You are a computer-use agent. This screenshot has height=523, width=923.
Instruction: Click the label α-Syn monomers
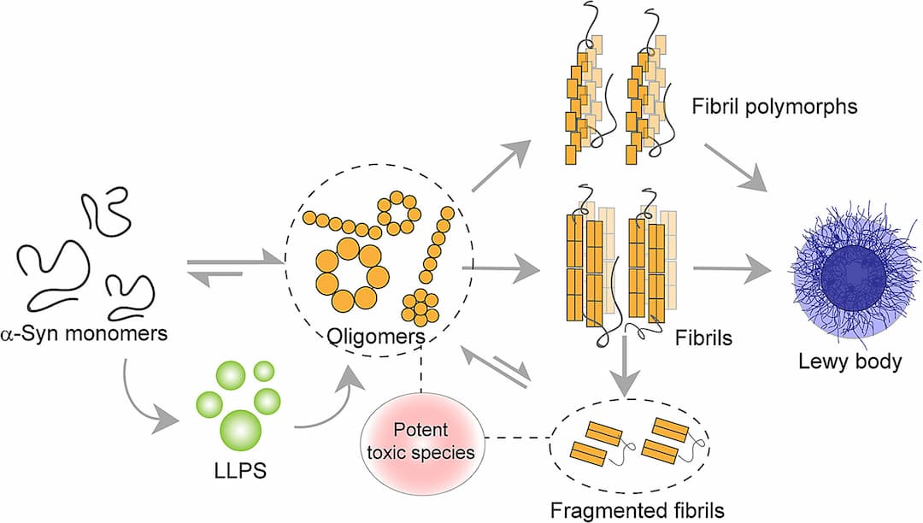click(x=84, y=333)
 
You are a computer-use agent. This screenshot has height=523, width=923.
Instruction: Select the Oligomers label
click(x=377, y=337)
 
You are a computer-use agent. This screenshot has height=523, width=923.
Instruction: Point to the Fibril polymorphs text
click(x=774, y=107)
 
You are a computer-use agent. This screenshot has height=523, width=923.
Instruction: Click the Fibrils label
click(x=703, y=338)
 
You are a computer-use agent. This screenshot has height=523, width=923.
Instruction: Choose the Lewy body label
click(x=850, y=361)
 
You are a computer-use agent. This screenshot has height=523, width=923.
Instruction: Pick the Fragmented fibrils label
click(x=638, y=510)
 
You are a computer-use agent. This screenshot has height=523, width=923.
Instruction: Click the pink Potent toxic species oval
click(x=420, y=441)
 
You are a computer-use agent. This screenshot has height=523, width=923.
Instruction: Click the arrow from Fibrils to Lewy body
click(x=732, y=269)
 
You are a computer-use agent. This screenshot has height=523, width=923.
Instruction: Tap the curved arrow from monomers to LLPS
click(x=139, y=406)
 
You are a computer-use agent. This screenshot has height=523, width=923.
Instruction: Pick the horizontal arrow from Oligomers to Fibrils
click(x=501, y=269)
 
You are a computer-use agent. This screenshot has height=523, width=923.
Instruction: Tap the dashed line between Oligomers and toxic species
click(x=421, y=374)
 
